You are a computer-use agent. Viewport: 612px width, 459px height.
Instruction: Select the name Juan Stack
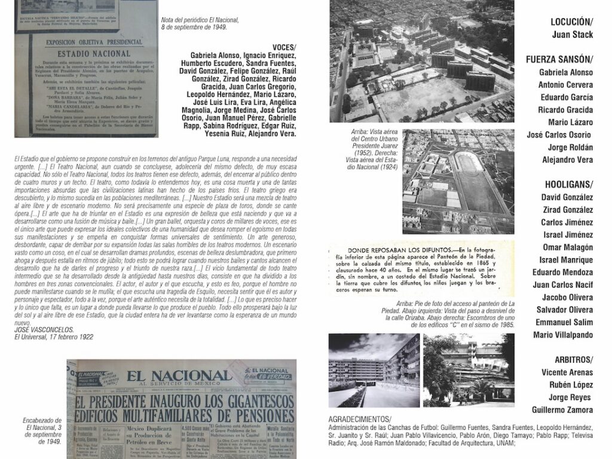[x=573, y=35]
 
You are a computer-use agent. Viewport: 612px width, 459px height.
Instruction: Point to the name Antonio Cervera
[x=567, y=84]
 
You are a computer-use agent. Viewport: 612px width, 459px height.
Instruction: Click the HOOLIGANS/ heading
[x=568, y=184]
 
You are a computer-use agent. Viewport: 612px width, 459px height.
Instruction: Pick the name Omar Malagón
[x=567, y=247]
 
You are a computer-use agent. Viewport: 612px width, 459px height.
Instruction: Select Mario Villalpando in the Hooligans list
[x=563, y=335]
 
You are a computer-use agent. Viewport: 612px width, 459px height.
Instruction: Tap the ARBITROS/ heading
[x=572, y=359]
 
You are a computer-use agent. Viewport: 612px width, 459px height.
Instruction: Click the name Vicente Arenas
[x=566, y=372]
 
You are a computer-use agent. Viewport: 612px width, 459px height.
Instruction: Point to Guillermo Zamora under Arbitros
[x=562, y=409]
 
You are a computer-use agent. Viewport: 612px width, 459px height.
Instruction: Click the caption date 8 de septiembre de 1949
[x=200, y=27]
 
